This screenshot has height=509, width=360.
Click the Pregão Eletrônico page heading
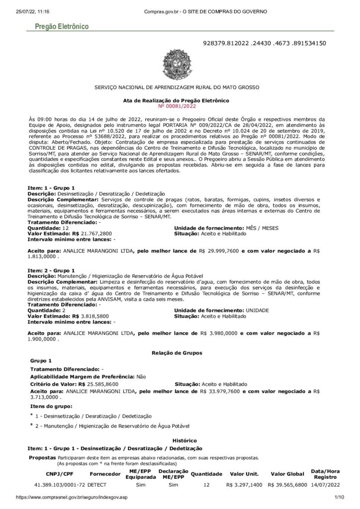point(59,25)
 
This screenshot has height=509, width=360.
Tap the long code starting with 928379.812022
point(265,43)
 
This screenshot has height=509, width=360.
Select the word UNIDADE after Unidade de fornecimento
point(257,310)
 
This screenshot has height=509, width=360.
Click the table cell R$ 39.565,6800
point(286,484)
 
